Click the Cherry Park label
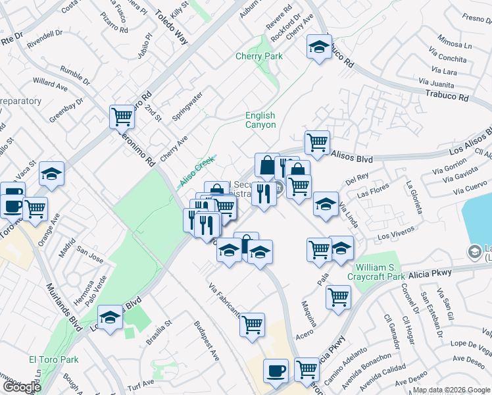click(x=259, y=56)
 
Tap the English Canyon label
click(x=260, y=120)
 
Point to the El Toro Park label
click(x=53, y=360)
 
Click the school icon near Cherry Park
click(x=319, y=47)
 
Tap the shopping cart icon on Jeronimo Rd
click(x=122, y=117)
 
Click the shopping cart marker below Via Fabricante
click(x=253, y=324)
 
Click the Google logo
click(x=21, y=387)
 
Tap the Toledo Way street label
click(x=171, y=26)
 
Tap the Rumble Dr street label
click(x=74, y=75)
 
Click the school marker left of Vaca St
click(x=51, y=174)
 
